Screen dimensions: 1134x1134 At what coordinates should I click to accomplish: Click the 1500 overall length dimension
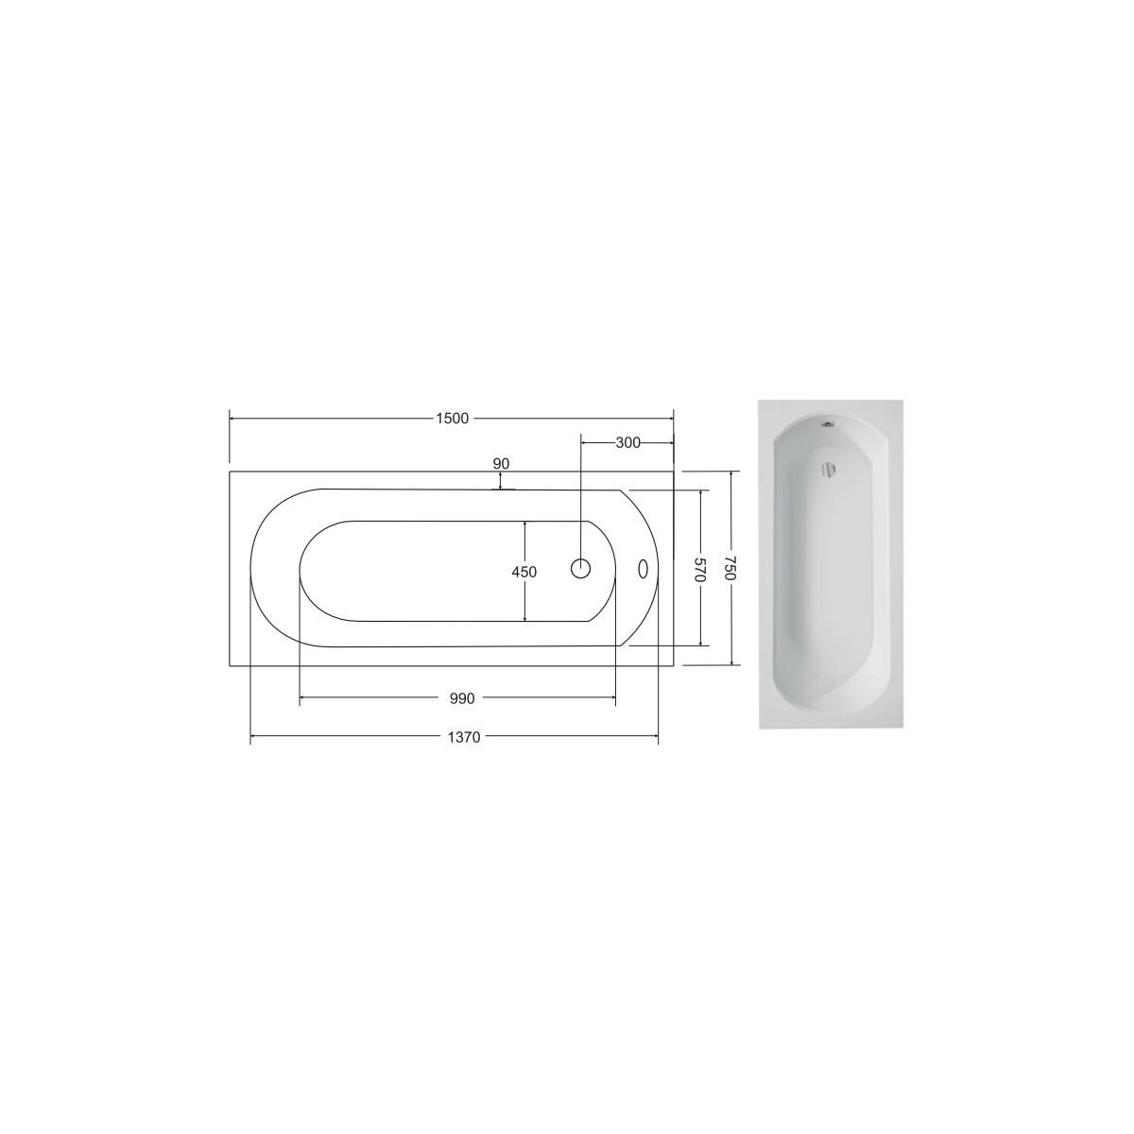click(x=452, y=419)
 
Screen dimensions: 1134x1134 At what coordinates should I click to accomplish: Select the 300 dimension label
click(x=627, y=443)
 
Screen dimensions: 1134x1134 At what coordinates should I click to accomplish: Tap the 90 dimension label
click(x=501, y=464)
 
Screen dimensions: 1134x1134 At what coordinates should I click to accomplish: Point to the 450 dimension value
click(x=524, y=572)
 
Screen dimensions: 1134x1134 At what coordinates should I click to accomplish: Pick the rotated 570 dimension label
click(x=700, y=570)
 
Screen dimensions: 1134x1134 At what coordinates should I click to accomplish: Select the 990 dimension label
click(x=462, y=698)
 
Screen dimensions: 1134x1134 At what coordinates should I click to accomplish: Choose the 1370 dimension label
click(x=464, y=737)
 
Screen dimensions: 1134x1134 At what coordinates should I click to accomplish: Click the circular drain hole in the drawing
click(x=581, y=568)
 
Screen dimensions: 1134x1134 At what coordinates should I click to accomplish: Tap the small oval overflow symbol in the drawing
click(x=643, y=569)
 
